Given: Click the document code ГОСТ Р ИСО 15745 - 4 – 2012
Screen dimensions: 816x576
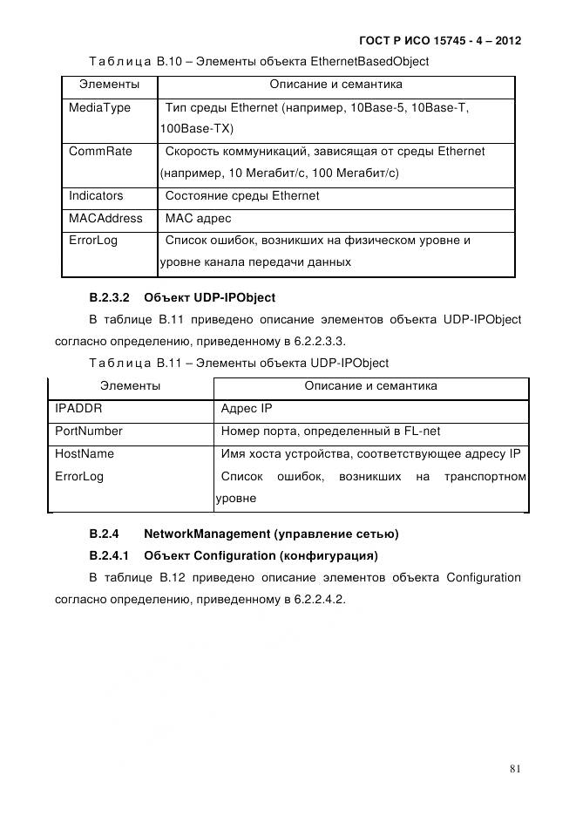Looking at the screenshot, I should click(439, 41).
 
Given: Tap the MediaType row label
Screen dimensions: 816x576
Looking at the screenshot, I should click(99, 107).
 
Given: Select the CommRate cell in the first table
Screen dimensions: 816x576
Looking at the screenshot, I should click(100, 152).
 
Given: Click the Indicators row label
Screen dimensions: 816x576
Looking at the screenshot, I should click(96, 196).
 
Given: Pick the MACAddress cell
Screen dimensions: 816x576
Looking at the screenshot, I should click(105, 218).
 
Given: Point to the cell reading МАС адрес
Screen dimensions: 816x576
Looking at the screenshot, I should click(198, 218).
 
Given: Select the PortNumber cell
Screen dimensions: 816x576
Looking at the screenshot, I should click(89, 431).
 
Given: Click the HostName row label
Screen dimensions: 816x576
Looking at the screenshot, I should click(85, 453).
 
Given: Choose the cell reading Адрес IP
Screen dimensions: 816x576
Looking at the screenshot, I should click(247, 408).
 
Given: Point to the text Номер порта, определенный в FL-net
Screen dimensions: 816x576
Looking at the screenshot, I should click(322, 431).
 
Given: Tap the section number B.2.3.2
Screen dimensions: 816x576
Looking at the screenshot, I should click(109, 298).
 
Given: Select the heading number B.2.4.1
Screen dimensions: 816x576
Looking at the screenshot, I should click(109, 555).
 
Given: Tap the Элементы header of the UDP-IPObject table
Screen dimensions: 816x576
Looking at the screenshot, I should click(130, 385).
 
